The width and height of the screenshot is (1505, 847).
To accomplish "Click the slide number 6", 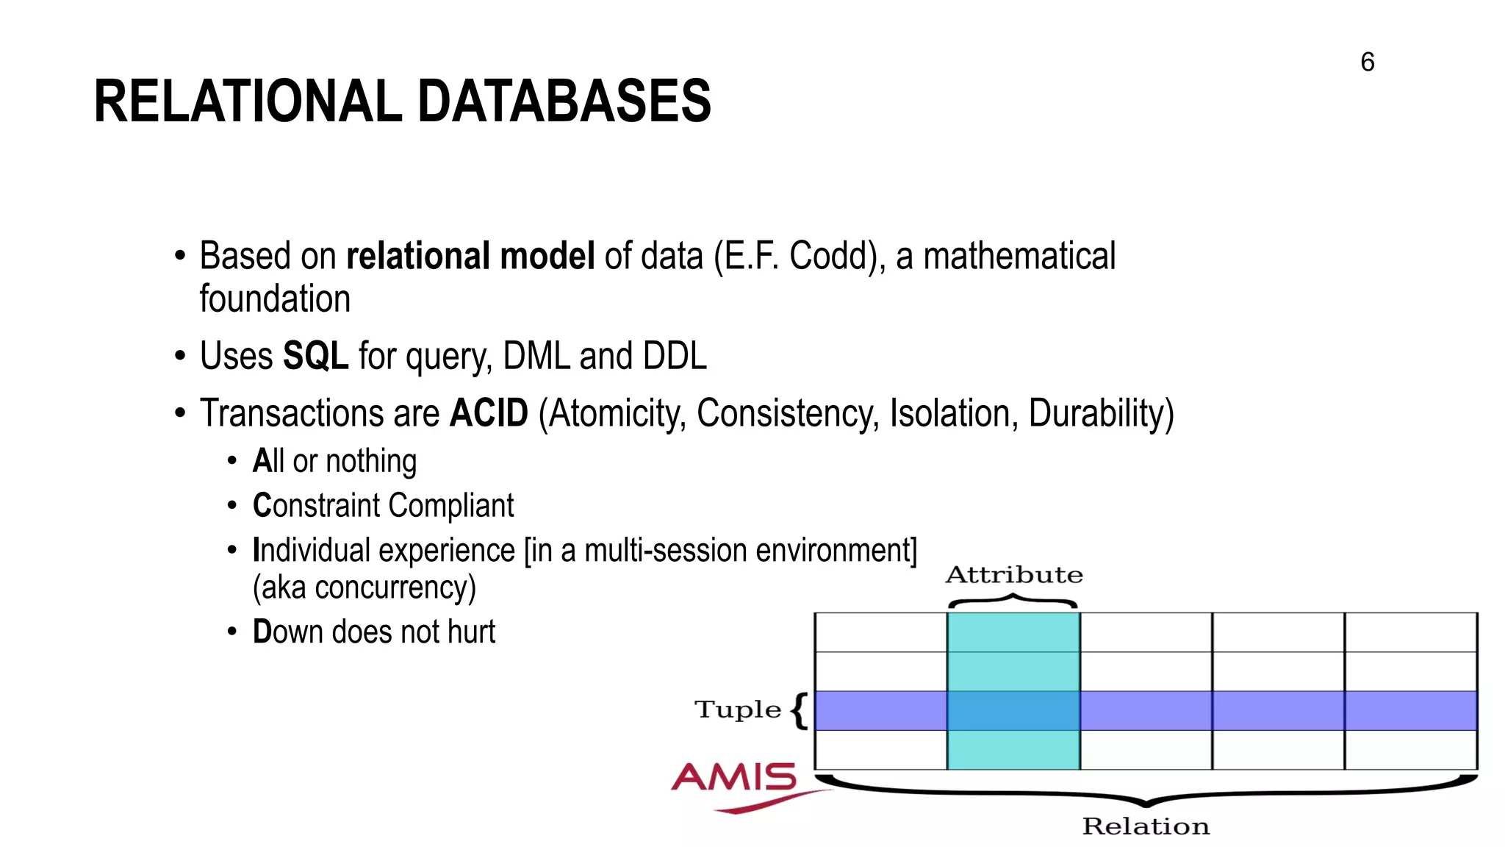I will coord(1367,62).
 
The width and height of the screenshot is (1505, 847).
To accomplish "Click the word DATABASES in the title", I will coord(564,101).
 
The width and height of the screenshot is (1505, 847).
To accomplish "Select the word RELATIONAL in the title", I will coord(248,101).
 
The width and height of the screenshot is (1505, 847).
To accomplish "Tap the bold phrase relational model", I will coord(470,257).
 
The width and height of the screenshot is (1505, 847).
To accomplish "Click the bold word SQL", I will coord(315,357).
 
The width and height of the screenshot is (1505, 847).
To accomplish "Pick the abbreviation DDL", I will coord(674,357).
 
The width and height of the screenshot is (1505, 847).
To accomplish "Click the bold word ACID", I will coord(489,413).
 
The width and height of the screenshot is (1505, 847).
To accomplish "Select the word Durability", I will coord(1100,413).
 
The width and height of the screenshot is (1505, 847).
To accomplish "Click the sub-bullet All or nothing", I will coord(334,462).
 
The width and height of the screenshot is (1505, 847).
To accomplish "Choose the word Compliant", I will coord(450,506).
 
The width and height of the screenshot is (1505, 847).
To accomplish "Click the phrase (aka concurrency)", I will coord(364,588).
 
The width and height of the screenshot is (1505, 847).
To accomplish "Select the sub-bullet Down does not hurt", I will coord(373,632).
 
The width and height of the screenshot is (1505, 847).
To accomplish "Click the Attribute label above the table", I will coord(1013,575).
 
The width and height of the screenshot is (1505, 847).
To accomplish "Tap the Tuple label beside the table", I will coord(737,710).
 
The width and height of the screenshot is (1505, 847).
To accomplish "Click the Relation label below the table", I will coord(1145,826).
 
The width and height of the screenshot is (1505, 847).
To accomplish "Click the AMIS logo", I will coord(735,784).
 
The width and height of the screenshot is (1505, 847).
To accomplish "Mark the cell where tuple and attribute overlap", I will coord(1013,710).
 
